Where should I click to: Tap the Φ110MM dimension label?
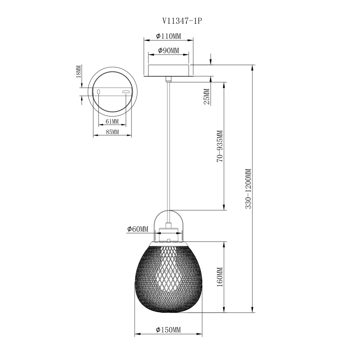pyautogui.click(x=169, y=36)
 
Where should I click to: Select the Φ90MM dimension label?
pyautogui.click(x=168, y=51)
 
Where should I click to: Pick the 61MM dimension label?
pyautogui.click(x=112, y=121)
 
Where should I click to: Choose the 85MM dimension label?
pyautogui.click(x=112, y=132)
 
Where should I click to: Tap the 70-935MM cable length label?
pyautogui.click(x=220, y=146)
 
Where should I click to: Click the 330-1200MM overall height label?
pyautogui.click(x=248, y=189)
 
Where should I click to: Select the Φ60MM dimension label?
pyautogui.click(x=138, y=229)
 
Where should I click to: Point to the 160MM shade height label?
pyautogui.click(x=220, y=277)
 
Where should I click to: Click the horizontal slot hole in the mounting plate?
pyautogui.click(x=126, y=92)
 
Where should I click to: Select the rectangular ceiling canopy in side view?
pyautogui.click(x=168, y=70)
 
